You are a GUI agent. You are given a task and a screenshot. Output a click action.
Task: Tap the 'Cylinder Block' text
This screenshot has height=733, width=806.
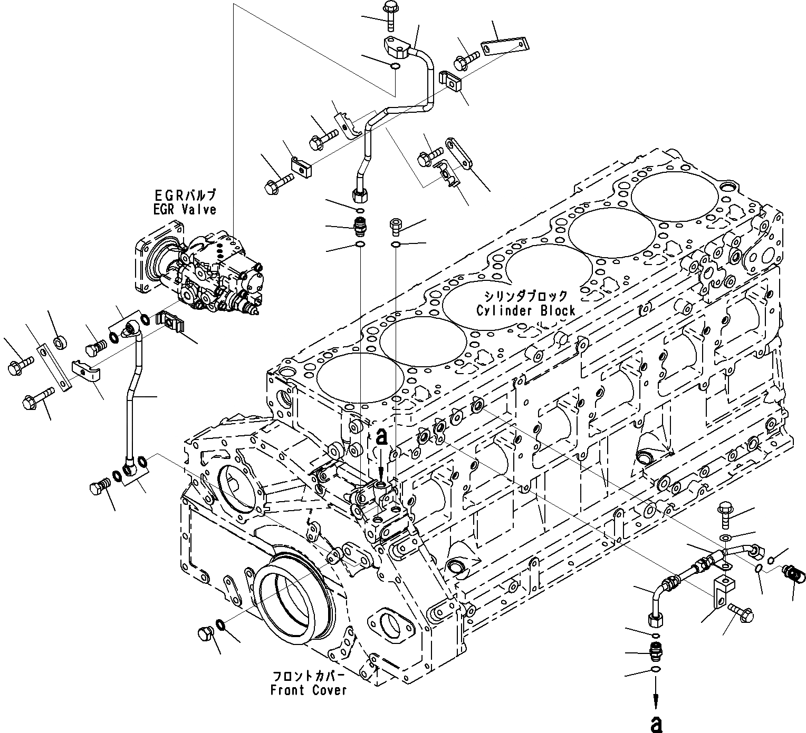click(525, 310)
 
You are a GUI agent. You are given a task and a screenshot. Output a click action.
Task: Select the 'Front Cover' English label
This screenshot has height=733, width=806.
click(309, 690)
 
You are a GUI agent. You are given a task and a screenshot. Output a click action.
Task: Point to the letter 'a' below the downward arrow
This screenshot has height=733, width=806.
click(656, 724)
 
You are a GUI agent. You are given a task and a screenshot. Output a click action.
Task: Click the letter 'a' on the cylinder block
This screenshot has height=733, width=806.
click(382, 436)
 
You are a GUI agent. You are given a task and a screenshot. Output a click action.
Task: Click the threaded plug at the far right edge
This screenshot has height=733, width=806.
click(794, 575)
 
